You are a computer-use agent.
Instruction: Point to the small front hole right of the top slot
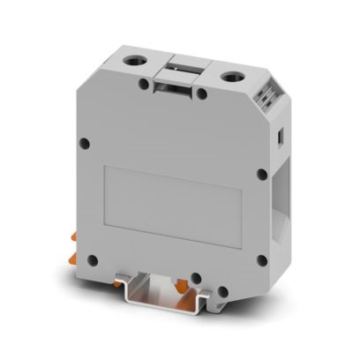[x=202, y=92]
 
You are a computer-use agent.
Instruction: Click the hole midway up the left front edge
[x=84, y=143]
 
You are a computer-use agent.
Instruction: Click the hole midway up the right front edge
[x=261, y=174]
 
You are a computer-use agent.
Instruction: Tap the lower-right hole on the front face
[x=262, y=259]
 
